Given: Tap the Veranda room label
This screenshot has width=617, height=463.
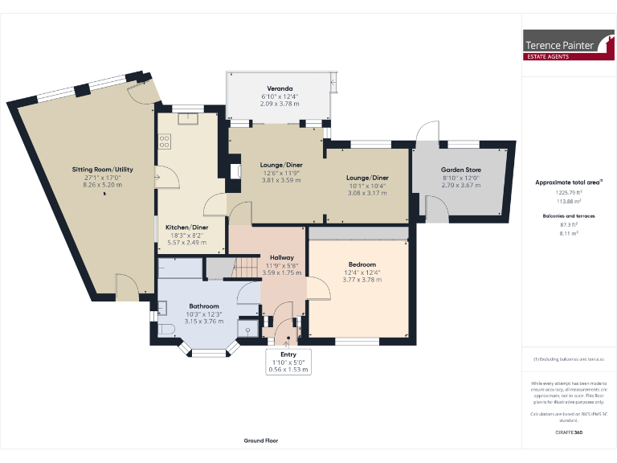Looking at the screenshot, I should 279,88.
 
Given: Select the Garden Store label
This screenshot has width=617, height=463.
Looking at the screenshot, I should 460,170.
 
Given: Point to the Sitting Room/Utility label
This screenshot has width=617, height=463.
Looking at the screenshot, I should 101,170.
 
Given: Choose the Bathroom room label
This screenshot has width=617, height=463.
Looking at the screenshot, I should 203,306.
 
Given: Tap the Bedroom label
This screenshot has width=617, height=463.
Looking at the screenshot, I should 362,264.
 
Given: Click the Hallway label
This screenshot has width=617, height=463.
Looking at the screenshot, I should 281,257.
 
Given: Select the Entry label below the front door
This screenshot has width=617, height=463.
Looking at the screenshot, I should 288,354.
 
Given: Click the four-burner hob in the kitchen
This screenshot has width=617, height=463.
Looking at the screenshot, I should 165,141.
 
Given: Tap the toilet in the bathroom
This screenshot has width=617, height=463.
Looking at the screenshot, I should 167,330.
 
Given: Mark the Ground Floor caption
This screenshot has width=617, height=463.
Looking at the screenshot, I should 261,440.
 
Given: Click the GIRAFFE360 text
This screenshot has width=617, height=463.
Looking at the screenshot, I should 568,432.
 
